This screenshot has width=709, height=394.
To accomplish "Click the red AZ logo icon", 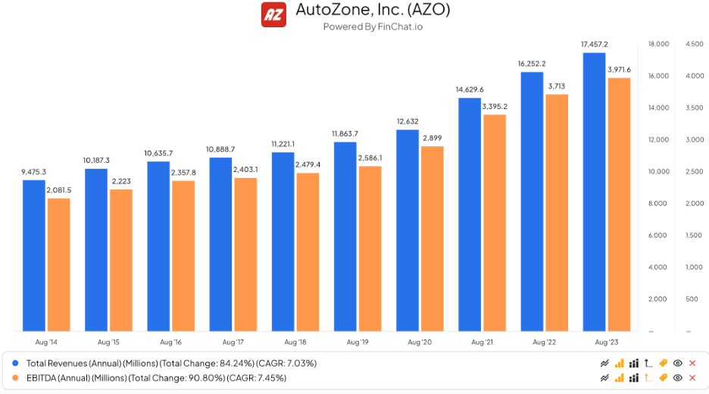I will pyautogui.click(x=273, y=14).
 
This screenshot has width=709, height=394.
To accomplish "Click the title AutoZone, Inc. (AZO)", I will pyautogui.click(x=372, y=11).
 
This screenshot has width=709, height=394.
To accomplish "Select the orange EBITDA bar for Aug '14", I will pyautogui.click(x=58, y=264).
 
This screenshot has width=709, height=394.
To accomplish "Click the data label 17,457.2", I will pyautogui.click(x=594, y=45).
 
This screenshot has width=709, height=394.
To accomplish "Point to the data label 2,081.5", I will pyautogui.click(x=58, y=190).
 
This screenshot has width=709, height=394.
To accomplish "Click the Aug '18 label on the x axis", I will pyautogui.click(x=283, y=342).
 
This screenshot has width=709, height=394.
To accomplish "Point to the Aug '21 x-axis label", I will pyautogui.click(x=483, y=342).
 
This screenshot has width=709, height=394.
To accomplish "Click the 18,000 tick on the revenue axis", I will pyautogui.click(x=658, y=44).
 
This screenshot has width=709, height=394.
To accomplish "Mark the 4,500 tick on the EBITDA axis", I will pyautogui.click(x=694, y=44).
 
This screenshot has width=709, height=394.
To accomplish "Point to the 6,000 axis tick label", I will pyautogui.click(x=658, y=236).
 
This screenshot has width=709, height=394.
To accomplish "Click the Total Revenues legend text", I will pyautogui.click(x=171, y=363).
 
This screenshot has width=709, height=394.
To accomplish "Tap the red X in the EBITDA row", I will pyautogui.click(x=692, y=377).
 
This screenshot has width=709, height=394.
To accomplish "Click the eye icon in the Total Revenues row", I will pyautogui.click(x=678, y=363).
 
